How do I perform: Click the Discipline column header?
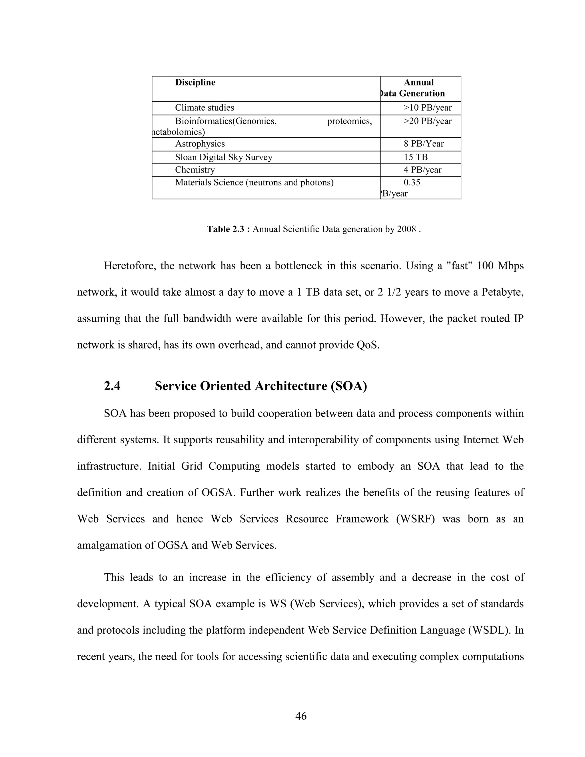click(195, 83)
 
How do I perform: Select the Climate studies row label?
click(205, 108)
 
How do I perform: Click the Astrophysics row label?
click(200, 144)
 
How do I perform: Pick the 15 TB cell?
click(416, 157)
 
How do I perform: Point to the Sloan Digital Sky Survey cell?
click(224, 157)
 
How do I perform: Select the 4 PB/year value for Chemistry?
click(422, 170)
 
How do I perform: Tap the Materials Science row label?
click(254, 182)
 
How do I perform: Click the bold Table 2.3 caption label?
click(229, 229)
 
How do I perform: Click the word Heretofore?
click(131, 266)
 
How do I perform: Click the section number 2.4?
click(112, 386)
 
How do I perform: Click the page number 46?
click(301, 716)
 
